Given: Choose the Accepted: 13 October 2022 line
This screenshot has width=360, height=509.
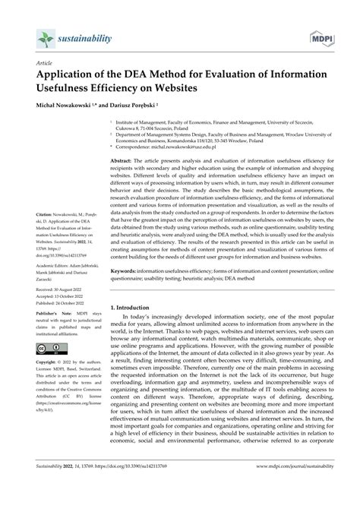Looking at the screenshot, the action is coord(52,320).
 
